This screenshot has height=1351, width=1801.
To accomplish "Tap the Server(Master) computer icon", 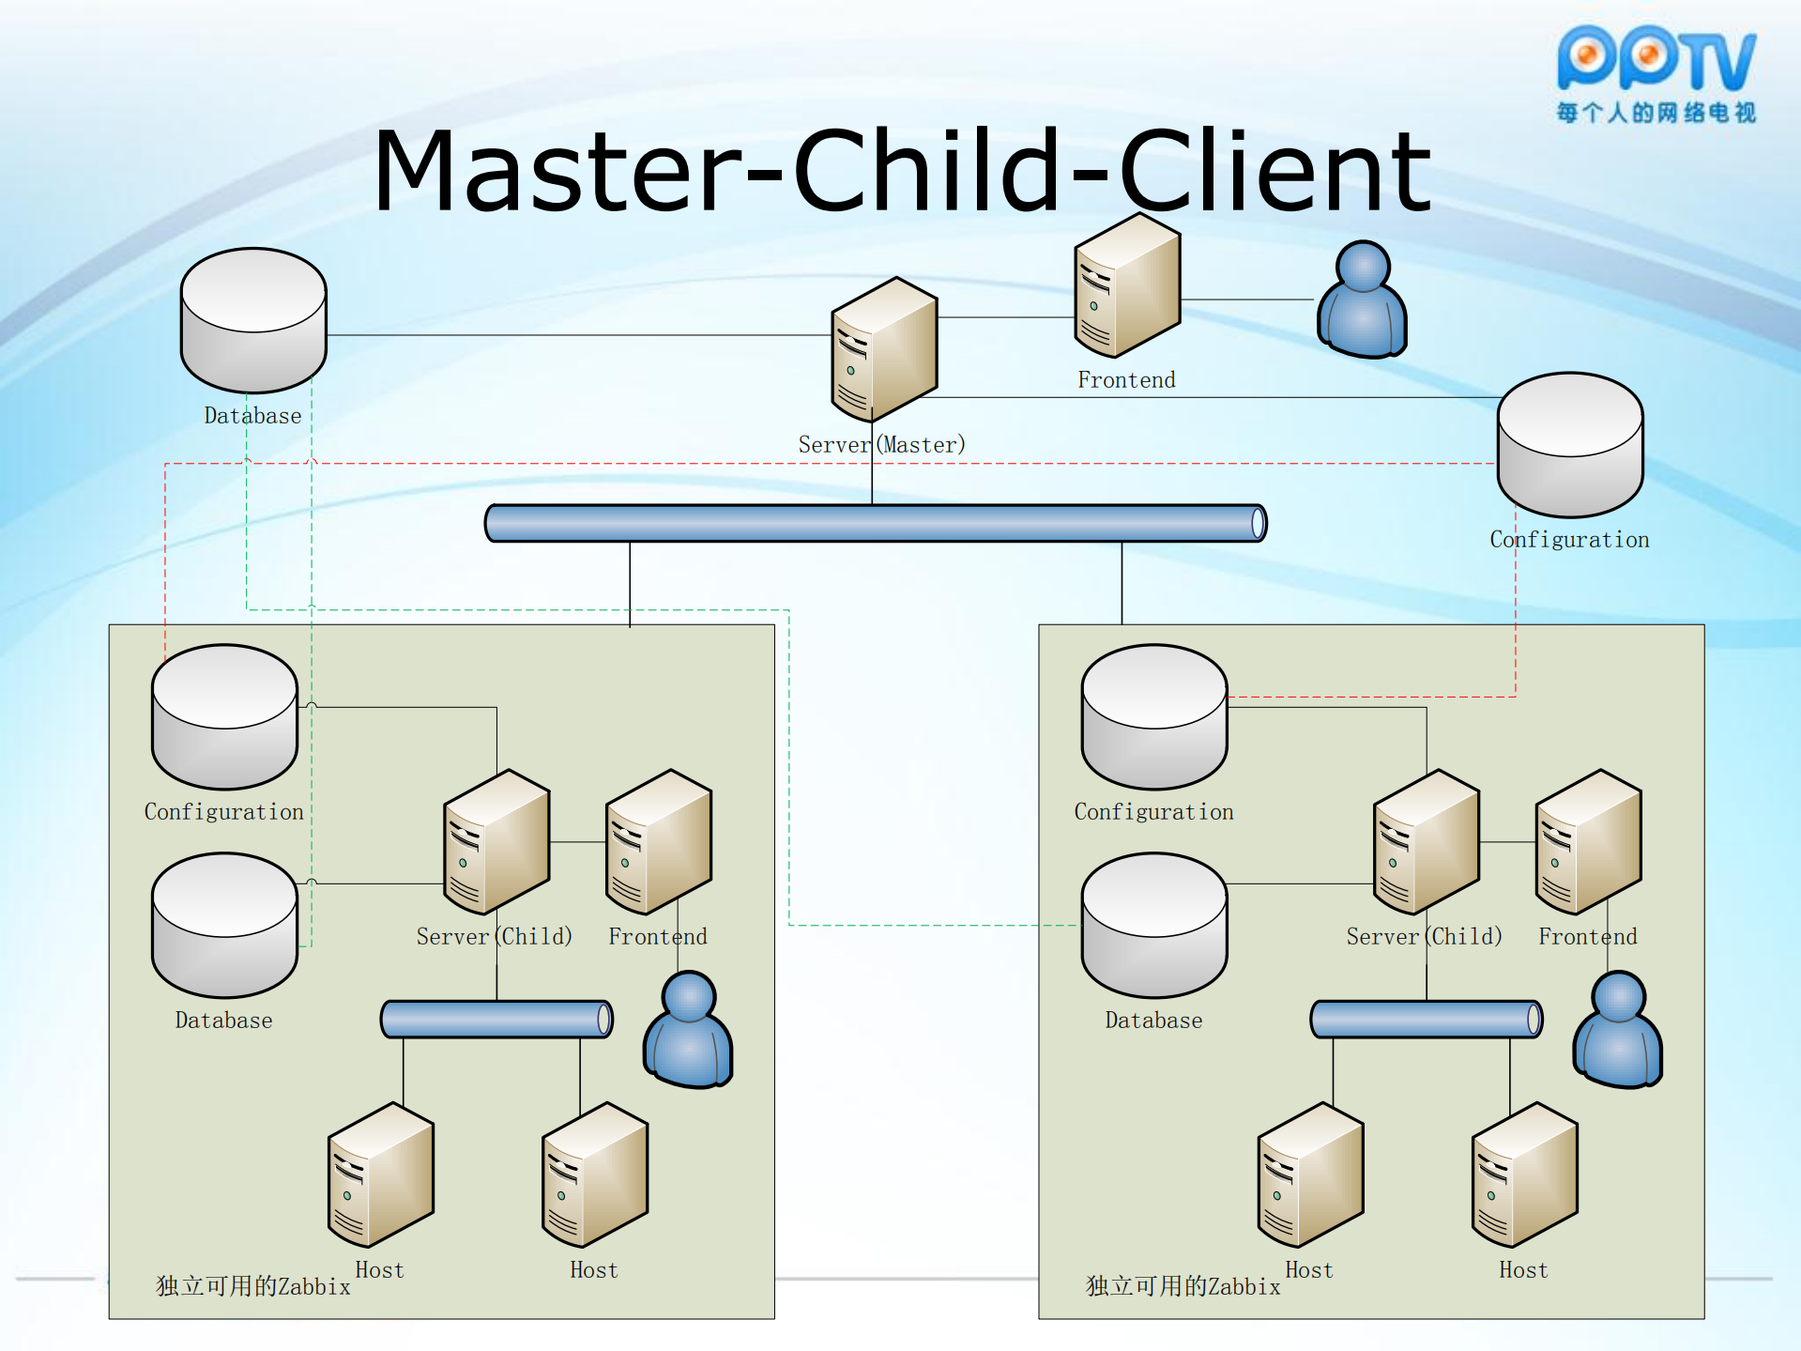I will [883, 349].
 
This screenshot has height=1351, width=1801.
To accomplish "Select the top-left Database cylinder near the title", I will [253, 320].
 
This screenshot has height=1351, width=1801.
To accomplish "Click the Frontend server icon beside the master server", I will [1126, 285].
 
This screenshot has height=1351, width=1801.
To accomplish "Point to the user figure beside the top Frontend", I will [1362, 300].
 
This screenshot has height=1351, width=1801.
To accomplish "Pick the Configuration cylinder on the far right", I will [1569, 445].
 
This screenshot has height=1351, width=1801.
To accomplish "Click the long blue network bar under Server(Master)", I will [875, 523].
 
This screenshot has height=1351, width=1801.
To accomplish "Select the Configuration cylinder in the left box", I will [224, 716].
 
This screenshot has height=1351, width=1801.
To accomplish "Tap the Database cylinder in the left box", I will [224, 925].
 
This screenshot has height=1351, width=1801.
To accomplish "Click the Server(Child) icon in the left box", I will [496, 842].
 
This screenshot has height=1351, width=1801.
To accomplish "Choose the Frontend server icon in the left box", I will [658, 842].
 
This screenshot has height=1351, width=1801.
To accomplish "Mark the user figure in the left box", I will [688, 1031].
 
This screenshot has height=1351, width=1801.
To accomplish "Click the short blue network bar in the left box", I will [496, 1020].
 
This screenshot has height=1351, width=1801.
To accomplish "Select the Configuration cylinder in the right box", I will [1153, 716].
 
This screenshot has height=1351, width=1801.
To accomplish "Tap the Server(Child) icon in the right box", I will [1426, 842].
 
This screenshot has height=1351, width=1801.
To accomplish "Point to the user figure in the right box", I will [1618, 1031].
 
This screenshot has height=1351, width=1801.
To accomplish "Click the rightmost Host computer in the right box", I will [1524, 1175].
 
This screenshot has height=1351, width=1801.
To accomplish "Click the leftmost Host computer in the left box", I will [380, 1175].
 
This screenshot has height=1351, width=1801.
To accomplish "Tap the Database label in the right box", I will [1153, 1021].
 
